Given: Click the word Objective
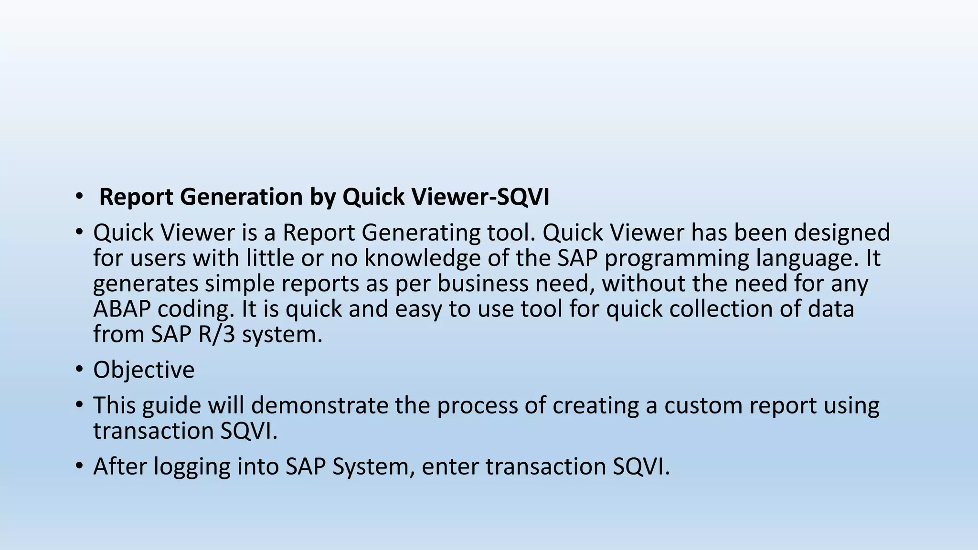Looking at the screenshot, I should coord(144,370).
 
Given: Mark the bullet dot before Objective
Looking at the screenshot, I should coord(79,370).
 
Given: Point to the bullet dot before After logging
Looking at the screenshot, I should coord(79,466).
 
